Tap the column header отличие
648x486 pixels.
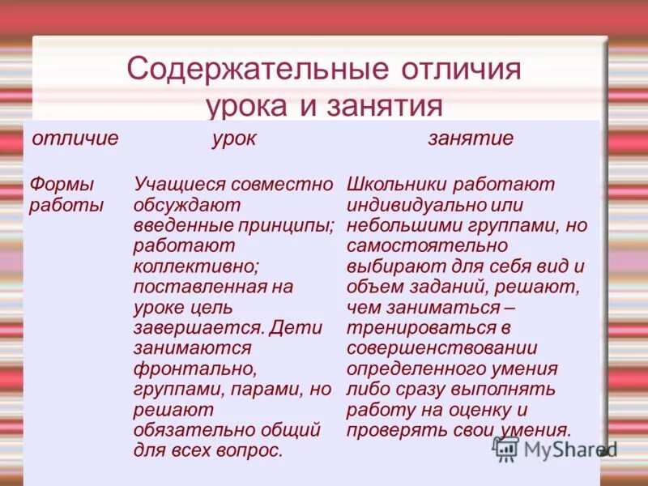click(x=75, y=139)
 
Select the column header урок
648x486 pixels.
click(x=234, y=139)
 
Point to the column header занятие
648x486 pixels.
click(x=471, y=139)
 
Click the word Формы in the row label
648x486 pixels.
click(x=62, y=185)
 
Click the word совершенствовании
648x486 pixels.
click(x=441, y=347)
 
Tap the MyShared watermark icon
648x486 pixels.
click(x=505, y=449)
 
